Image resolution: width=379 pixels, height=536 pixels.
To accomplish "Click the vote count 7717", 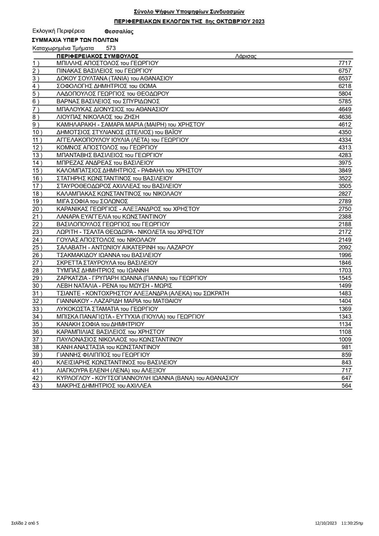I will point(345,63).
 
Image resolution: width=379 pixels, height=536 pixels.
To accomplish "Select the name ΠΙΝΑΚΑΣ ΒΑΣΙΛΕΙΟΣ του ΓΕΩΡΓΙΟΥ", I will point(104,71).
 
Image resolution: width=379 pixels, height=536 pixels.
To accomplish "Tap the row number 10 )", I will point(37,132).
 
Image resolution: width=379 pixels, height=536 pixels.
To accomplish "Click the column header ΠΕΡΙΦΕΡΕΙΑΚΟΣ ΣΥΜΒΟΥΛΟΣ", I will point(97,56).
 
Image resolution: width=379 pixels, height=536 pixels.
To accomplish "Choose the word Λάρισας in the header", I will point(246,56).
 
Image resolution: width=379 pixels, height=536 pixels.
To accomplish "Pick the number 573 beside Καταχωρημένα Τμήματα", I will point(111,48).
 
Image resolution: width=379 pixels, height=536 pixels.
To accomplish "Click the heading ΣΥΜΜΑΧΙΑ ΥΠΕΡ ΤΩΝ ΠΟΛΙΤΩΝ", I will point(75,40).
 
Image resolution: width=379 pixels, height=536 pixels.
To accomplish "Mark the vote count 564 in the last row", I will point(346,386).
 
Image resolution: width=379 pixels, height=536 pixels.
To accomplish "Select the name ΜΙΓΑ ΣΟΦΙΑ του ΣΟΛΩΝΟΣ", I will point(92,201).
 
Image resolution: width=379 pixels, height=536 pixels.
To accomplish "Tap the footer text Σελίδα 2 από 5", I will point(25,523).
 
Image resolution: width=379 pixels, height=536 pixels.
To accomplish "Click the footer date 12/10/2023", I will point(326,523).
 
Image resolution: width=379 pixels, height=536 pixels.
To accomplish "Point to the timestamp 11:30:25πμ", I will point(352,523).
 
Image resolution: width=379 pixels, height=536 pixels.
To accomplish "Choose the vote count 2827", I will point(345,194).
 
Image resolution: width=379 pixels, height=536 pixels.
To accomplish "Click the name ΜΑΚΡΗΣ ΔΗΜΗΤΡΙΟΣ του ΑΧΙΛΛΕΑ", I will point(104,386).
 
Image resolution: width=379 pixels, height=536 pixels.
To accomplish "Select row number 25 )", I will point(37,247).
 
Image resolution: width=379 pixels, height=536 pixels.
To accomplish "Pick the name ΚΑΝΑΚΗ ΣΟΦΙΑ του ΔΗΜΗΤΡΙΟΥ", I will point(100,324).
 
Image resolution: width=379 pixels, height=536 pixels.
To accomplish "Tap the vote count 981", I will point(346,347).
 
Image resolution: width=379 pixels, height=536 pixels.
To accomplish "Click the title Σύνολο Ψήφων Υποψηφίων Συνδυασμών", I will point(189,12).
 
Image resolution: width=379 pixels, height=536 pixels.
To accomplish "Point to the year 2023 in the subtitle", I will point(258,21).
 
